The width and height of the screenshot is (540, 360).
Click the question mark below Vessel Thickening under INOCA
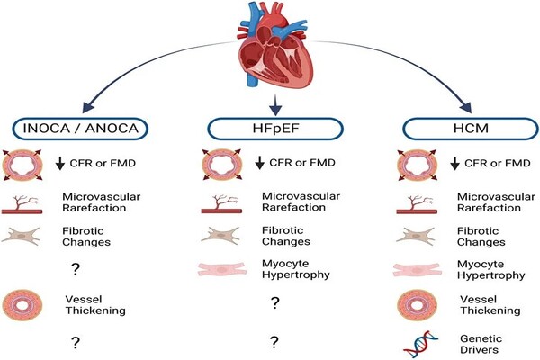[x=77, y=341]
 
